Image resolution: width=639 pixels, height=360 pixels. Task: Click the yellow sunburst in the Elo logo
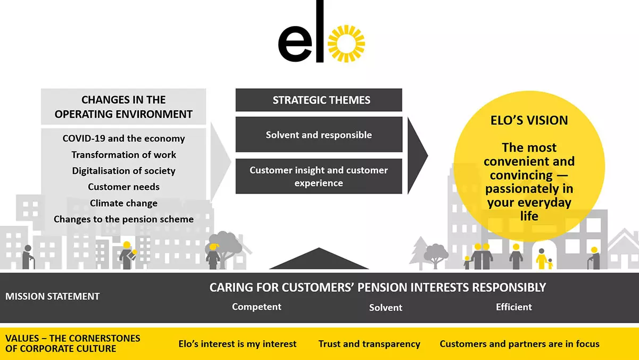346,43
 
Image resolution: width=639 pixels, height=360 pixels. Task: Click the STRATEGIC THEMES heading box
319,100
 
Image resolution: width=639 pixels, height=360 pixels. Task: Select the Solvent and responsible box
319,135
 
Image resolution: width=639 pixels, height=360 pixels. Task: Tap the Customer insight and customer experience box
319,177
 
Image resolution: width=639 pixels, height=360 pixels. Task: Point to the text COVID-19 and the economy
123,138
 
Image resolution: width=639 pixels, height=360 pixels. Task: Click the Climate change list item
123,203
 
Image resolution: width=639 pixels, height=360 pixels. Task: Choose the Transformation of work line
123,155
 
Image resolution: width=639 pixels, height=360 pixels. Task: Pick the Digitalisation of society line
123,171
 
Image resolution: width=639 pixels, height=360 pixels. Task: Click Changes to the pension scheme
123,219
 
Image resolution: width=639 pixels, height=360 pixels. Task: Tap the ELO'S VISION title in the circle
529,120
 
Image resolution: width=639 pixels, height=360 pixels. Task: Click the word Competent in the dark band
256,307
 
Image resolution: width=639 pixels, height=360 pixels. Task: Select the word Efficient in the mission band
513,307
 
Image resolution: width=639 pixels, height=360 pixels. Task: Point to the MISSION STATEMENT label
52,296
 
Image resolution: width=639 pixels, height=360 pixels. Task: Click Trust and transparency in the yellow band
369,344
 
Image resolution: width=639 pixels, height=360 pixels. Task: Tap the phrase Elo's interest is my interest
237,344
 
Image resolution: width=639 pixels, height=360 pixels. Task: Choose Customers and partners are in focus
519,344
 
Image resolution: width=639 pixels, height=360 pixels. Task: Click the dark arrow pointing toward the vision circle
417,155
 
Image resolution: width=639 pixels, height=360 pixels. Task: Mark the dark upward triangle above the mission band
319,261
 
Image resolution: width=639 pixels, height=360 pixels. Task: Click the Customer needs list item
123,187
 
